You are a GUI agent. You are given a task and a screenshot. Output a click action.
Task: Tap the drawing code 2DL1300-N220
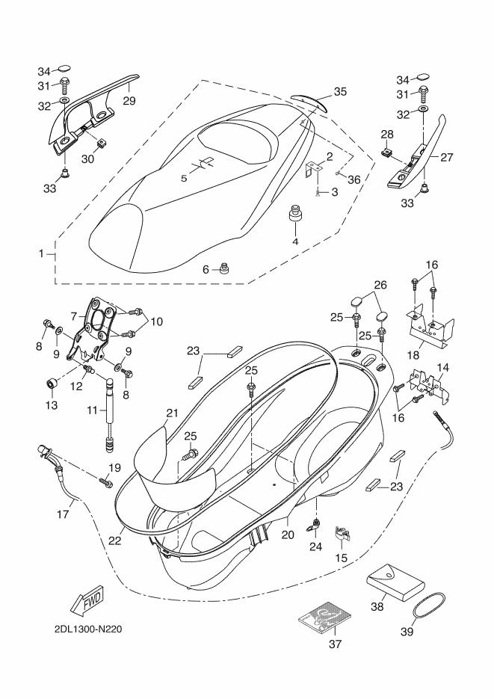[87, 629]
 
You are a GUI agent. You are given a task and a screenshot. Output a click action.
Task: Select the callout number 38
[377, 606]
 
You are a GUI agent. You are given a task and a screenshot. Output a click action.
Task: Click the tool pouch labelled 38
[395, 582]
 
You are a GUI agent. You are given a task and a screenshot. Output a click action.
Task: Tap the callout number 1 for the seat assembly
[41, 253]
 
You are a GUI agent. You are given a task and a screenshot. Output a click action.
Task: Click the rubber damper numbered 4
[295, 213]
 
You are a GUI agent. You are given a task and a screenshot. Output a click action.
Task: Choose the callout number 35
[340, 91]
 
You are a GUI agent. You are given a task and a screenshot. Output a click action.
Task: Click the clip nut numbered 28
[388, 153]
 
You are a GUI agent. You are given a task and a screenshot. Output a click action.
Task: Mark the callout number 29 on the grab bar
[129, 101]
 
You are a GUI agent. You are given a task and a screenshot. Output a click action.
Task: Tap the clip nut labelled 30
[102, 143]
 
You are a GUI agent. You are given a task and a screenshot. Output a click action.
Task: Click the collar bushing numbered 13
[52, 383]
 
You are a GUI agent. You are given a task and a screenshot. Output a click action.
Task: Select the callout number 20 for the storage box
[288, 534]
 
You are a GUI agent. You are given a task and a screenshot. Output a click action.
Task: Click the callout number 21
[172, 413]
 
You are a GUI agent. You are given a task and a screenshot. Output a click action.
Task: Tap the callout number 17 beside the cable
[63, 514]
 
